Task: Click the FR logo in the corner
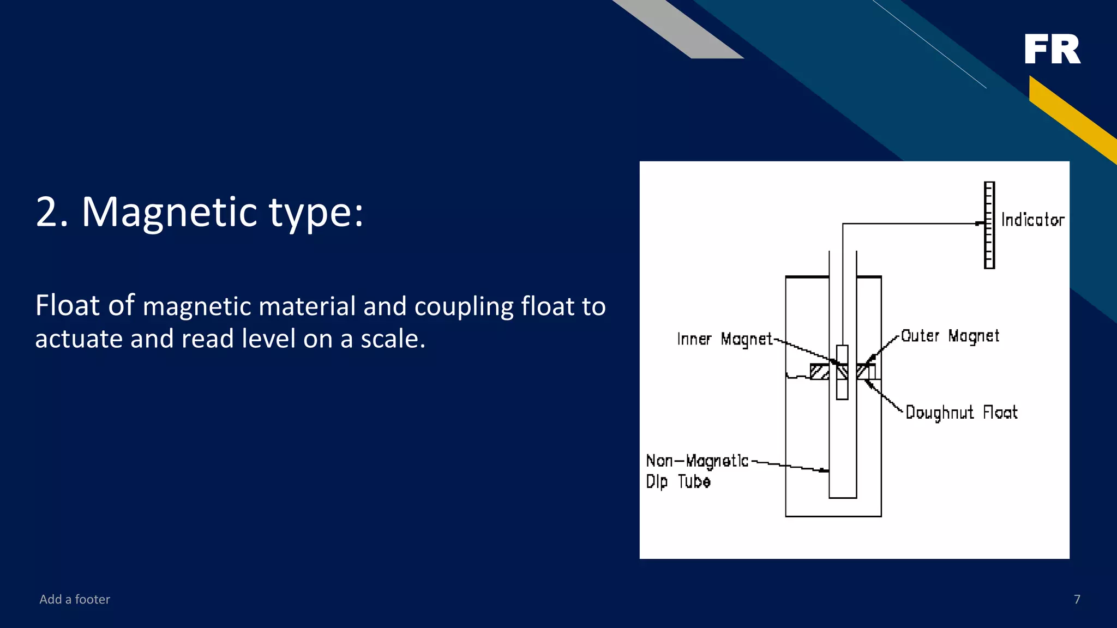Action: click(1052, 49)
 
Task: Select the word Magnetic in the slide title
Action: click(169, 212)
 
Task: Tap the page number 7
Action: click(1077, 599)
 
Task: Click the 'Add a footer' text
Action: click(75, 599)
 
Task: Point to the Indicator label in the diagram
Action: click(1032, 220)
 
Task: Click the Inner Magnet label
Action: click(724, 339)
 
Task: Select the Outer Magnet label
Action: click(950, 336)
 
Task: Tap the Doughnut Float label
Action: click(961, 412)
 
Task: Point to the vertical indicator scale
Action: click(989, 225)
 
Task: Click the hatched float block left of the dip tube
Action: click(819, 372)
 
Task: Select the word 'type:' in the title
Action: click(316, 212)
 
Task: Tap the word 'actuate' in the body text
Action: click(79, 339)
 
